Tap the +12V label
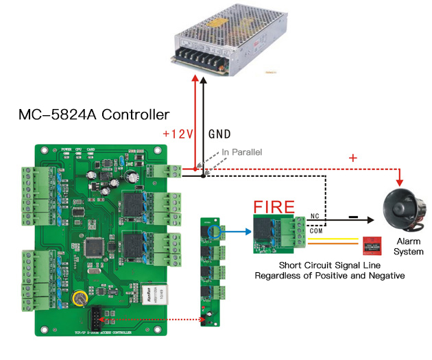tap(177, 134)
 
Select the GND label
tap(219, 134)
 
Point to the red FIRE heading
tap(274, 206)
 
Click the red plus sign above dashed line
tap(353, 158)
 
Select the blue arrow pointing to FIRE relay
tap(237, 232)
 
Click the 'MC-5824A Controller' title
tap(94, 114)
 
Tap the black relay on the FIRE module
tap(263, 230)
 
